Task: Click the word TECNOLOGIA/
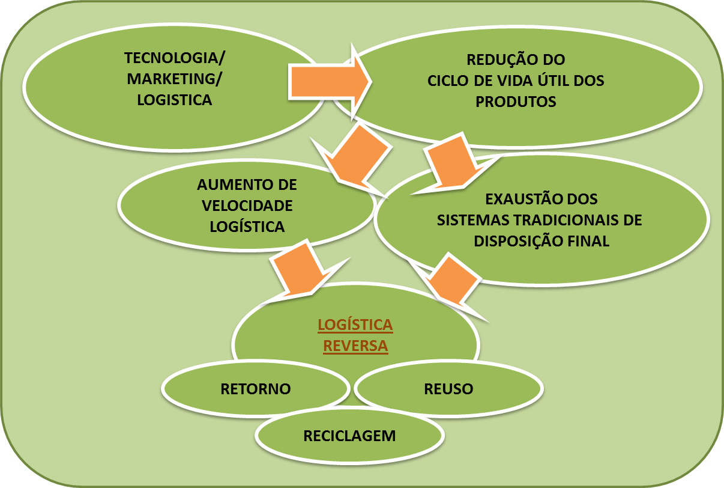click(x=175, y=58)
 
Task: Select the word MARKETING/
click(x=175, y=79)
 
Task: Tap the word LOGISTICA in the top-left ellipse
click(x=175, y=100)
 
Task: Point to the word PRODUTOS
click(x=516, y=102)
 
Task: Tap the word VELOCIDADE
click(x=247, y=206)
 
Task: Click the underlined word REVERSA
click(x=355, y=346)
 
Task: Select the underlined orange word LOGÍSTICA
click(x=355, y=325)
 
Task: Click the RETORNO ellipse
click(x=256, y=389)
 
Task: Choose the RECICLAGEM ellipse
click(x=349, y=436)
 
